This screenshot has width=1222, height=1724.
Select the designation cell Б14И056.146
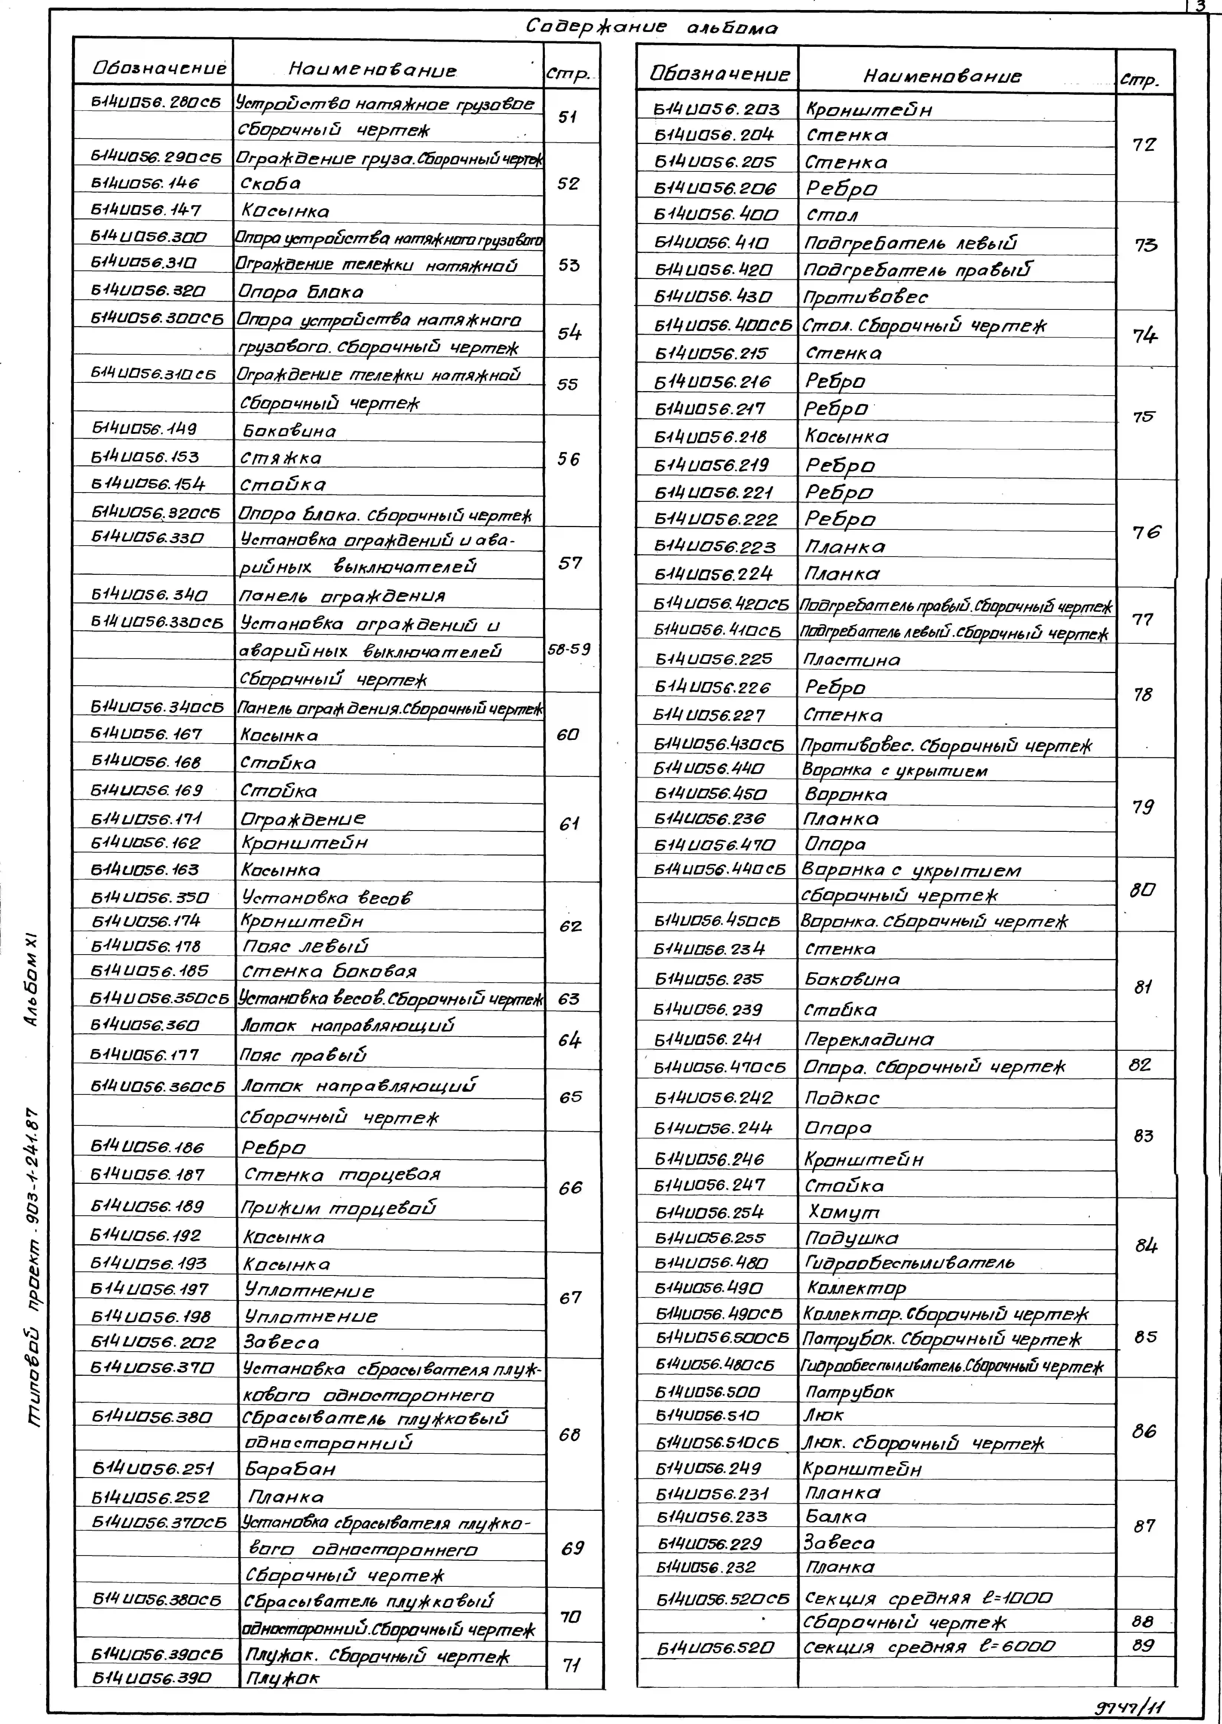145,183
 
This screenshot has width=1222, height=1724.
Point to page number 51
568,117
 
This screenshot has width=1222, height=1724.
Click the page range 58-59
569,649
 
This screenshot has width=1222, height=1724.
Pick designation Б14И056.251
153,1468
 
